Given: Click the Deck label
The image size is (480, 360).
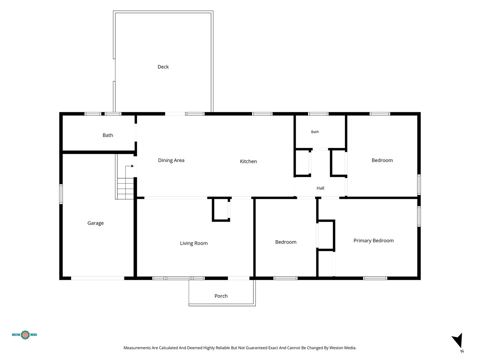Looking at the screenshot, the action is (163, 67).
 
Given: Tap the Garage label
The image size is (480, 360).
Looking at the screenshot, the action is (96, 223).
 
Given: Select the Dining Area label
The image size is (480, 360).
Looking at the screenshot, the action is (171, 160).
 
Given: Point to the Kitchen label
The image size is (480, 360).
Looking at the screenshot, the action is (248, 161).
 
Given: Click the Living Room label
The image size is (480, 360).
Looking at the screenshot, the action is (194, 243).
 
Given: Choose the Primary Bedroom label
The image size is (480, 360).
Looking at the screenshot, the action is (374, 241).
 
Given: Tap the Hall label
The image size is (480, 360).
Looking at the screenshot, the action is (320, 188).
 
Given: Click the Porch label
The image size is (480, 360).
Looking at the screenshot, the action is (221, 296).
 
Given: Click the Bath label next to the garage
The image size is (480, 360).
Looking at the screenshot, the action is (108, 135).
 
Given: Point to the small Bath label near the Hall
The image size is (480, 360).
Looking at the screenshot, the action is (315, 132).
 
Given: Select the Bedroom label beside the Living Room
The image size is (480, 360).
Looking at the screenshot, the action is (286, 242).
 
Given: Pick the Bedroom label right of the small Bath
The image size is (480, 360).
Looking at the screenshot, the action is (382, 160).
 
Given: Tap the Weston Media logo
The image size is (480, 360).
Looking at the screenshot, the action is (24, 335).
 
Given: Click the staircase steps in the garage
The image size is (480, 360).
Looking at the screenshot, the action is (125, 189).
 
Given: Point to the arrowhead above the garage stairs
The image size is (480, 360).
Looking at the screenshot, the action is (132, 166).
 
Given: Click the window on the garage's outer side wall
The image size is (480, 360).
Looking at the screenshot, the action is (61, 194).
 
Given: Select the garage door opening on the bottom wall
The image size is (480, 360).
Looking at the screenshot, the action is (98, 278).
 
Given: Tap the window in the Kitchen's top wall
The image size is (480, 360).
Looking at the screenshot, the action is (262, 114).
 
